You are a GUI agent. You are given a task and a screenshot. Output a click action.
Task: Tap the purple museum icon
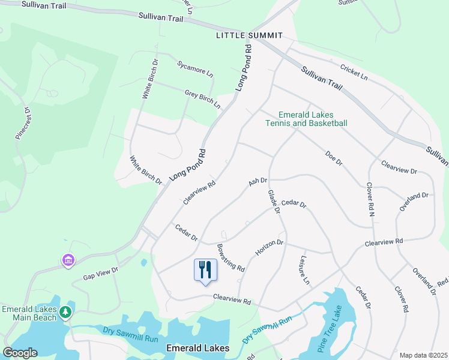pos(68,260)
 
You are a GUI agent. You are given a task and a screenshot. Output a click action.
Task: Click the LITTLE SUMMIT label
pos(249,36)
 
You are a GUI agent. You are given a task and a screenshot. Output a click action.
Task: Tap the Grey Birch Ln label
pos(202,99)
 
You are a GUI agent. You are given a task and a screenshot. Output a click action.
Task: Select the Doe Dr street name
pos(333,158)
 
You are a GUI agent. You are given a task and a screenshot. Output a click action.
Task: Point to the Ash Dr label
pos(258,181)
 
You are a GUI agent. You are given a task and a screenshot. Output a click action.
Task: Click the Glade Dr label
pos(273,202)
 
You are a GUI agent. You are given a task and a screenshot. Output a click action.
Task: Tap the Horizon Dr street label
pos(269,247)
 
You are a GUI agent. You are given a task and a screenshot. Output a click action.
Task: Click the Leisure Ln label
pos(304,270)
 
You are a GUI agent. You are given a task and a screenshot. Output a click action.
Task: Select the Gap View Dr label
pos(101,273)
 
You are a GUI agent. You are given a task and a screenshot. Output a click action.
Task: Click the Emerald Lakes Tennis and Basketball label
pos(306,119)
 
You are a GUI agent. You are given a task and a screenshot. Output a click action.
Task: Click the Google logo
pos(20,353)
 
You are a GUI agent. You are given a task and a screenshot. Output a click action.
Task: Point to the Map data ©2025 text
pos(423,355)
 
